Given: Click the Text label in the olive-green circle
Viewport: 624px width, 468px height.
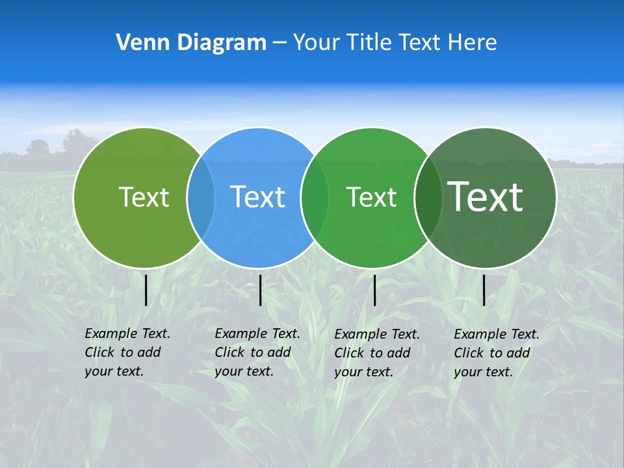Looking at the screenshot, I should coord(144,197).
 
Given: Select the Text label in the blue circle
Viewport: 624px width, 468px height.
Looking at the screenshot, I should coord(257,197).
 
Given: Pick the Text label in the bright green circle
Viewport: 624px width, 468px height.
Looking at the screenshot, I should coord(371,197).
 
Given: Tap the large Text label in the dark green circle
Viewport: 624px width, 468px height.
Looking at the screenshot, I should coord(486,196).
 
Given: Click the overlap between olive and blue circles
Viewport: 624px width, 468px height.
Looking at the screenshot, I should coord(201,198).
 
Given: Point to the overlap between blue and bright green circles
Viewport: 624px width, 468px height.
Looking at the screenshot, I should coord(315,198).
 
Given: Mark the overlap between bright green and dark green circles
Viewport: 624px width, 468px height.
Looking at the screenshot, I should coord(428,198).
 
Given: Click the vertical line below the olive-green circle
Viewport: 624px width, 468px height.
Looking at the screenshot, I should coord(146,290).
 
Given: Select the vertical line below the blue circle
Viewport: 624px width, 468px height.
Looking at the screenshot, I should coord(260,290).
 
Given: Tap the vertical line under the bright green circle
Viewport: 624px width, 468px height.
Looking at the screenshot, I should coord(374,290).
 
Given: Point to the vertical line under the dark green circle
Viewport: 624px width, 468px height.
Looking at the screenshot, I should coord(484,290).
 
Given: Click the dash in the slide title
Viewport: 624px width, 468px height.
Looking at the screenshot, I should coord(279,44).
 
